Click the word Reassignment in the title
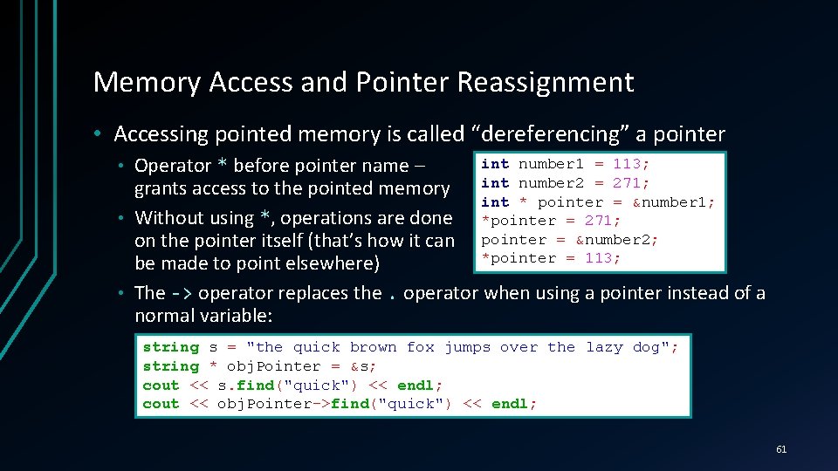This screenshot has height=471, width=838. [546, 82]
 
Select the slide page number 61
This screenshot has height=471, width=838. [780, 449]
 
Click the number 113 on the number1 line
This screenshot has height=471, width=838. [631, 164]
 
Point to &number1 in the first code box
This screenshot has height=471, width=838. [673, 201]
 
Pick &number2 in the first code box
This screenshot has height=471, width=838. [616, 239]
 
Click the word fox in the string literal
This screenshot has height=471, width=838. [420, 347]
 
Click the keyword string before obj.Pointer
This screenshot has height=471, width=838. [170, 366]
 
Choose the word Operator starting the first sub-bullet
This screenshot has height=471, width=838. [173, 166]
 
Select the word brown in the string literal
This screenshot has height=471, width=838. [373, 347]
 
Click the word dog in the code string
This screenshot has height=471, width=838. [647, 347]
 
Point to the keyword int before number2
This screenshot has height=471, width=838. [495, 183]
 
